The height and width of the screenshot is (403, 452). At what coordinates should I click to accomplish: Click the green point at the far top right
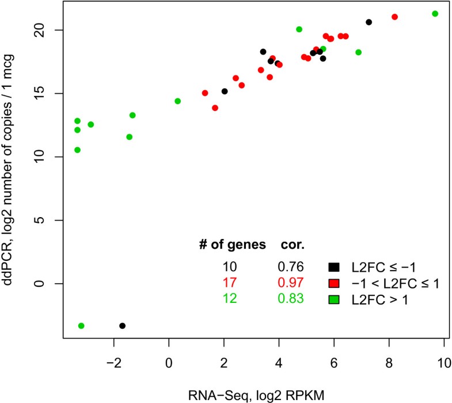tap(435, 14)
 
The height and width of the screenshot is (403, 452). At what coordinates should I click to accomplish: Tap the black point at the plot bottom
tap(122, 326)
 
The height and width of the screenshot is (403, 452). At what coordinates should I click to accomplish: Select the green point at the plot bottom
tap(81, 326)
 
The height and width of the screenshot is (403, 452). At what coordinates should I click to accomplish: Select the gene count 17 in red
tap(230, 283)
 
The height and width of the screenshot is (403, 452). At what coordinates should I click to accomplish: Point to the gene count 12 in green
tap(230, 299)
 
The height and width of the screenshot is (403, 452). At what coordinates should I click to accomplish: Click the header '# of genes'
tap(230, 245)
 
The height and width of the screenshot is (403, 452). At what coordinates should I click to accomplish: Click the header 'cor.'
tap(292, 245)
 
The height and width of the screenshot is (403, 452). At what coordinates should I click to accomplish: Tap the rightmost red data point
tap(394, 17)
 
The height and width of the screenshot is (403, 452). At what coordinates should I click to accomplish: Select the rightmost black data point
tap(369, 22)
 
